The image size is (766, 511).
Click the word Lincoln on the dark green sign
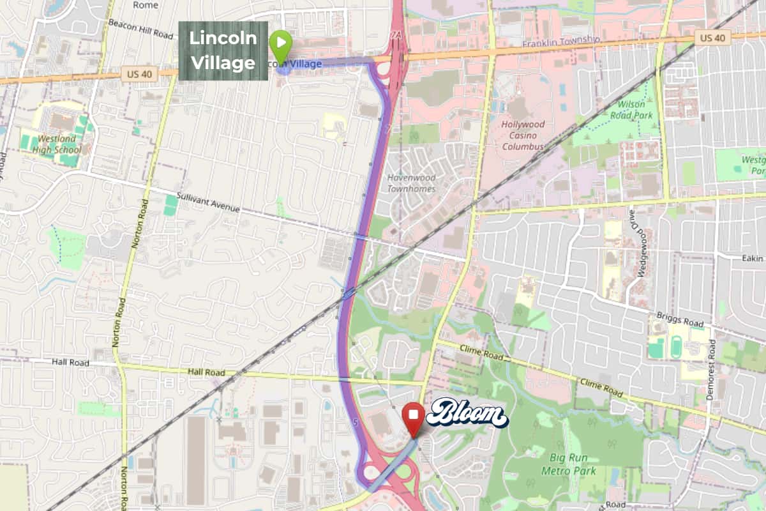(223, 38)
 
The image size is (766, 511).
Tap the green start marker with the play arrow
(280, 42)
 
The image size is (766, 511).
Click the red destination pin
(414, 417)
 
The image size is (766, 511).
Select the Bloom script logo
(467, 415)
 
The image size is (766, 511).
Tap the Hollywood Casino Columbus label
(523, 135)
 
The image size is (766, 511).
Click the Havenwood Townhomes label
(411, 183)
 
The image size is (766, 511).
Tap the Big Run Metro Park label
(573, 464)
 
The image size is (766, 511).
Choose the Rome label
(146, 5)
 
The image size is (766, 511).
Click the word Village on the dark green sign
(223, 63)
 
